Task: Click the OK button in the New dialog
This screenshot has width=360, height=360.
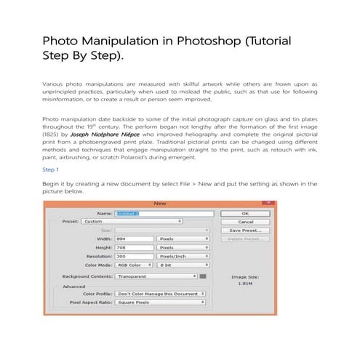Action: (x=245, y=213)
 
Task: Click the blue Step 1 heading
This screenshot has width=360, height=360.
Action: (x=51, y=169)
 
